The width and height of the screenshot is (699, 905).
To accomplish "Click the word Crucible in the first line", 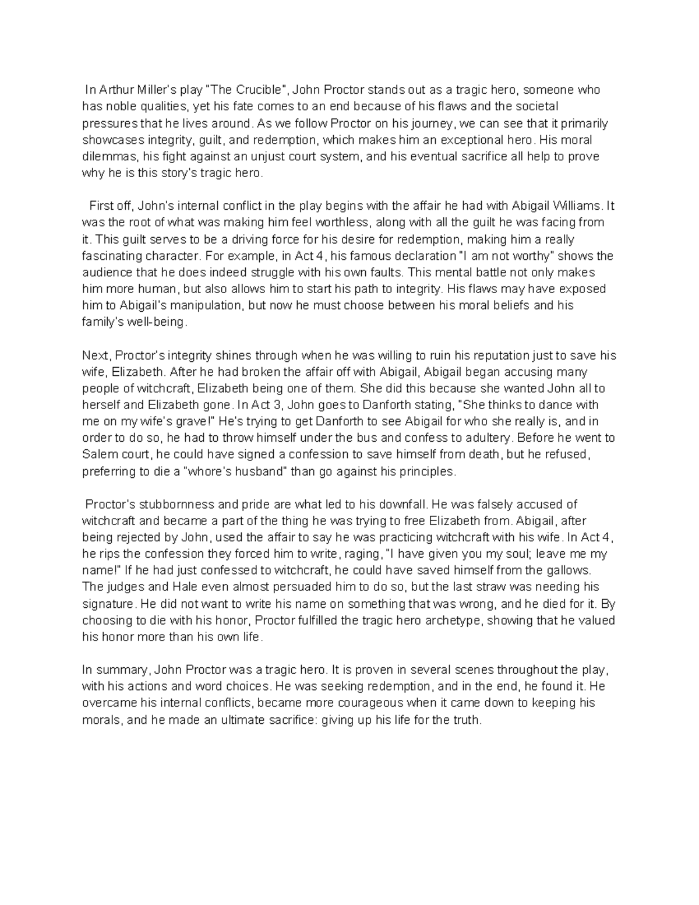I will click(x=259, y=90).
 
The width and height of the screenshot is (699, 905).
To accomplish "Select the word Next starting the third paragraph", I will click(x=95, y=355).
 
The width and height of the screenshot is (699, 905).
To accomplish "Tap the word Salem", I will click(x=97, y=455).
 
